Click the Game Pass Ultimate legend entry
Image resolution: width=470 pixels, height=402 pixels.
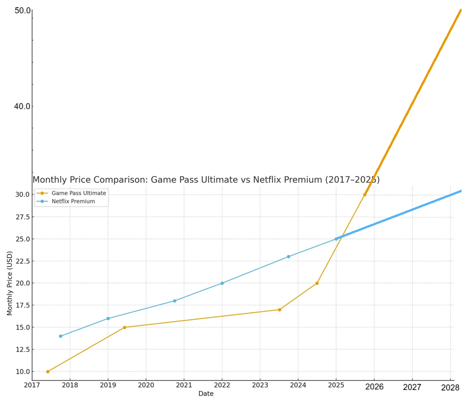click(x=71, y=193)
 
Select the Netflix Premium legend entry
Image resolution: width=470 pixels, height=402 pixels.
click(x=66, y=201)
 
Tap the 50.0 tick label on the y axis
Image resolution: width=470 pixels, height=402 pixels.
click(x=23, y=11)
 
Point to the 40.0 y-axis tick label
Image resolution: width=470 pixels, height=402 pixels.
click(x=23, y=106)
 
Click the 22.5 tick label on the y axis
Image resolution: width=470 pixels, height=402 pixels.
click(x=23, y=261)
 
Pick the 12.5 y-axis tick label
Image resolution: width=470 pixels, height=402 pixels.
click(x=23, y=350)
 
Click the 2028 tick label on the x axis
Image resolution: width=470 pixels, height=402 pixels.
click(x=450, y=388)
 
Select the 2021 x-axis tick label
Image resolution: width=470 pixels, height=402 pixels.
click(x=184, y=385)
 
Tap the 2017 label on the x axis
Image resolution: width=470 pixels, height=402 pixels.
click(x=32, y=385)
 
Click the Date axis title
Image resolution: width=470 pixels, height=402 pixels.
click(x=206, y=394)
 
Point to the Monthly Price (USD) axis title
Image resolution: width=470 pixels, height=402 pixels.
click(x=10, y=283)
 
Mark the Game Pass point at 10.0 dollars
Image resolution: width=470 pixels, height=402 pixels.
click(x=47, y=372)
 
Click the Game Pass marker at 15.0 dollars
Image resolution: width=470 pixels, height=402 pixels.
click(x=125, y=327)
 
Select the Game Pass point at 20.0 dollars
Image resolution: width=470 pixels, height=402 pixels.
click(x=317, y=283)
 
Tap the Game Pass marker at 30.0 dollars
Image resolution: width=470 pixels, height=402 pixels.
click(x=365, y=195)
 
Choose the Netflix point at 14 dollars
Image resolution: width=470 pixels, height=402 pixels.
click(x=61, y=336)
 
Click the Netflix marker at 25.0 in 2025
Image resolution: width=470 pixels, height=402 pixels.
click(x=336, y=239)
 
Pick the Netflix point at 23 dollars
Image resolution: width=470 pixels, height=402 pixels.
click(x=288, y=257)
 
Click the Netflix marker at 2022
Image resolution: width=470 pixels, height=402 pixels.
click(x=222, y=283)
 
